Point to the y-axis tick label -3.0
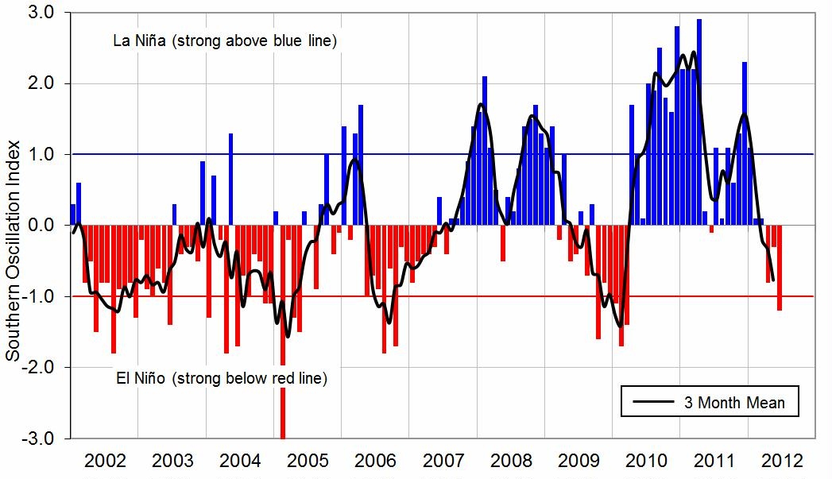pyautogui.click(x=40, y=438)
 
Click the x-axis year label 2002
pyautogui.click(x=105, y=462)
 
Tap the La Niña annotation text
pyautogui.click(x=226, y=41)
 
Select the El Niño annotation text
pyautogui.click(x=220, y=378)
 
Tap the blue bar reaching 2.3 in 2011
pyautogui.click(x=745, y=143)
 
